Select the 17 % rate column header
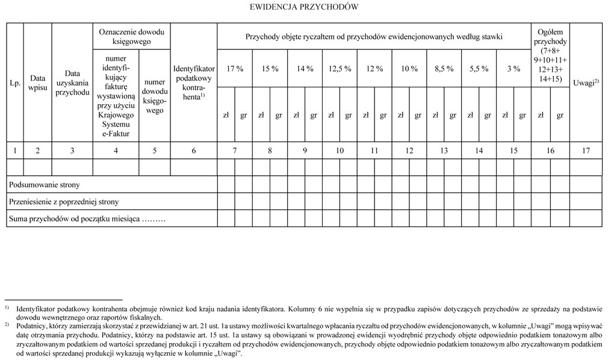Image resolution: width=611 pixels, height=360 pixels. click(x=234, y=69)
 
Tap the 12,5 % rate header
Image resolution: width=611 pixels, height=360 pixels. click(x=340, y=69)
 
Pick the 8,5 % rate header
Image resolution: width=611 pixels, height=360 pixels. click(x=444, y=69)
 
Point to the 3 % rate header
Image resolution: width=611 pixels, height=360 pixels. click(x=513, y=69)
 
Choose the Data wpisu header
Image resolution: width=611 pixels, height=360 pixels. click(x=37, y=82)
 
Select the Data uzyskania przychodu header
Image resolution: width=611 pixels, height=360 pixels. click(x=72, y=82)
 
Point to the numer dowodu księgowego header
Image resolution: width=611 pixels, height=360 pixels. click(x=155, y=96)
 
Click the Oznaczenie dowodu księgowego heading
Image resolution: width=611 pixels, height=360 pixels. click(x=131, y=37)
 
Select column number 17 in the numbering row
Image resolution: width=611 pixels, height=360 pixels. click(x=585, y=151)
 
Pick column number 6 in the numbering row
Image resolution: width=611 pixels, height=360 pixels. click(x=194, y=151)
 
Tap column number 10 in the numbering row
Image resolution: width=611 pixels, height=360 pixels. click(x=340, y=151)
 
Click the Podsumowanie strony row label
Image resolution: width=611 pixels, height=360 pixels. click(x=45, y=184)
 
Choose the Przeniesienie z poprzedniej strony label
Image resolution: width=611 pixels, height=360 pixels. click(x=64, y=201)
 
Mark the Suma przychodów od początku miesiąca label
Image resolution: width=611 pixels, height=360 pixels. click(x=87, y=218)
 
